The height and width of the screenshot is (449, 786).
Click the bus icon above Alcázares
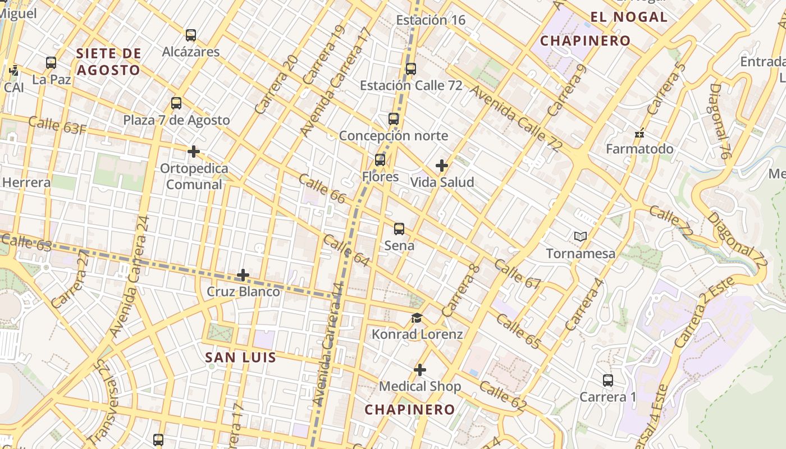191,35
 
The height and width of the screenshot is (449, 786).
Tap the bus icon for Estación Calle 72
411,69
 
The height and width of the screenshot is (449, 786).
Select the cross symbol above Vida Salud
442,166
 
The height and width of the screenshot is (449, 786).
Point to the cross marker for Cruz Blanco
243,275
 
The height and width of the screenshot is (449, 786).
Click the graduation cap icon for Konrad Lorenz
417,318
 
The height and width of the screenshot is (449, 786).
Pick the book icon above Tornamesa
581,237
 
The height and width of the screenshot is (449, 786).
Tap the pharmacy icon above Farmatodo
639,134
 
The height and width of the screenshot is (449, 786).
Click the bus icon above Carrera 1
607,381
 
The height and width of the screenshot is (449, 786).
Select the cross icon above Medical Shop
419,370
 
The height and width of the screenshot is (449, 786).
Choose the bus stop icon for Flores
380,160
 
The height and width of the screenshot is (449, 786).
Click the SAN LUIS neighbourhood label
240,358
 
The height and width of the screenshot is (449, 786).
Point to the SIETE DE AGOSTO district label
108,62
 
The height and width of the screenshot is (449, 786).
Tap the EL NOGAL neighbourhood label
629,17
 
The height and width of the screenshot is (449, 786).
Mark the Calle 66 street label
322,189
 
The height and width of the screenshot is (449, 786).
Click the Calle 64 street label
346,250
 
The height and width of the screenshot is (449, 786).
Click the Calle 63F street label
57,126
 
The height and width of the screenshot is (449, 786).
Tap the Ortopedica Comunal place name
194,176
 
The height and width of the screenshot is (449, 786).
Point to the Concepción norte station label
393,136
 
